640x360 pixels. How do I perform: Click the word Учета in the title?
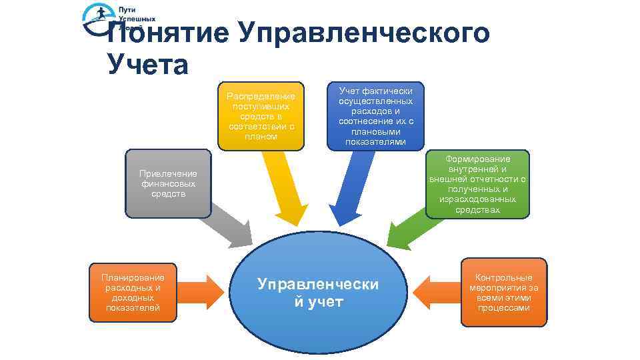click(x=147, y=65)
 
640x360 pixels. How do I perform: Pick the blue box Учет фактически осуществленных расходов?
click(x=375, y=116)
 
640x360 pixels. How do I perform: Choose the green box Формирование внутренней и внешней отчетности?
click(x=478, y=184)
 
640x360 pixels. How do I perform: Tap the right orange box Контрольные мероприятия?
click(x=503, y=292)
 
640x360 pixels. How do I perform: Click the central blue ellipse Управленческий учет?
click(x=318, y=293)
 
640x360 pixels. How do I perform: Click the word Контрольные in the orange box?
click(x=503, y=277)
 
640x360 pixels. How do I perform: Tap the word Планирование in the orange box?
click(x=133, y=277)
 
